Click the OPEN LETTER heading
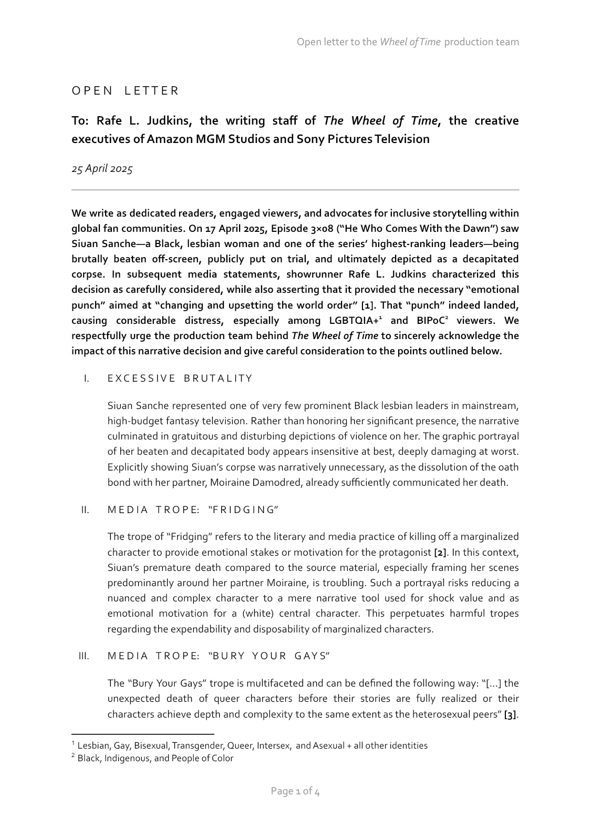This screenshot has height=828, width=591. coord(125,91)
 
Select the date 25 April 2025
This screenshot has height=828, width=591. coord(102,169)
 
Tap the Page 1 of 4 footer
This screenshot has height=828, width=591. coord(295,791)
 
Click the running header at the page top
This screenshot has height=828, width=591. coord(408,42)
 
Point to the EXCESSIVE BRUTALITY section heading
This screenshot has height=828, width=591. coord(180,379)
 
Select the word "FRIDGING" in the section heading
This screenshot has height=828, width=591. coord(243,510)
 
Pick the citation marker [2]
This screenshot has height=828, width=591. coord(440,553)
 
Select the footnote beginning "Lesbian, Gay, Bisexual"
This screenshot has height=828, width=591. coord(252,745)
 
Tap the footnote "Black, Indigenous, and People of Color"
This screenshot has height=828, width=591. coord(155,758)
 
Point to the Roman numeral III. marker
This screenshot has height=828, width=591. coord(84,656)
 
